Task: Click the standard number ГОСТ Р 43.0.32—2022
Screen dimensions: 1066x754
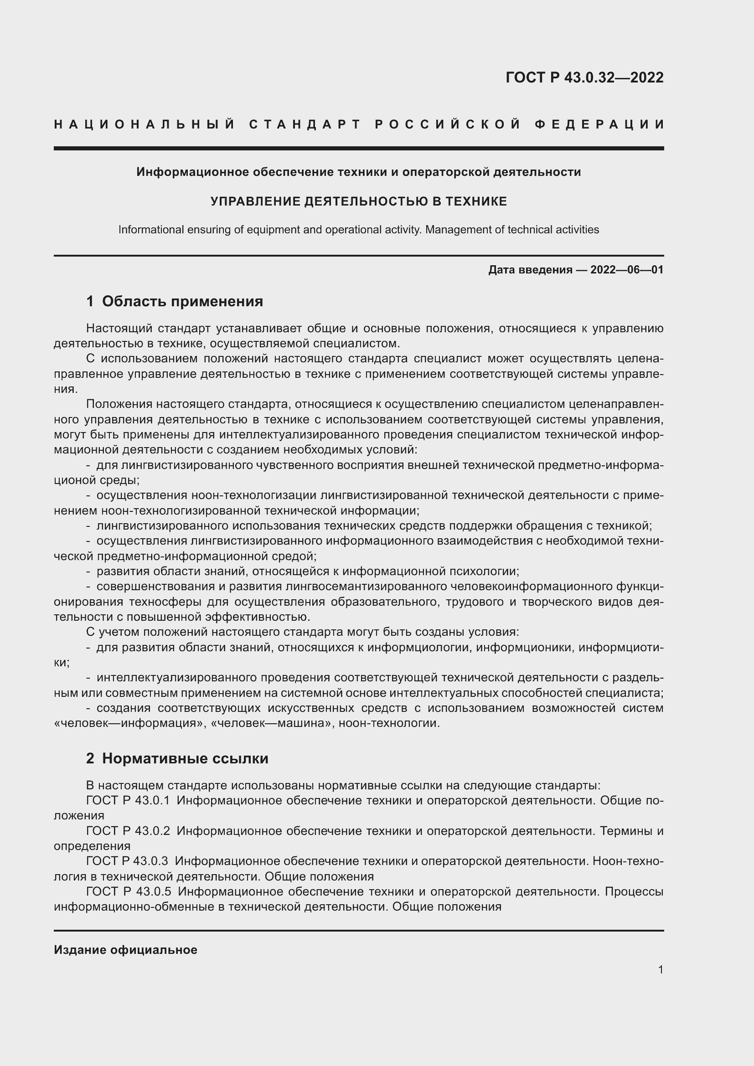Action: (x=584, y=77)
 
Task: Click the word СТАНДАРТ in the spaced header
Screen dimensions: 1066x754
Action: (x=305, y=124)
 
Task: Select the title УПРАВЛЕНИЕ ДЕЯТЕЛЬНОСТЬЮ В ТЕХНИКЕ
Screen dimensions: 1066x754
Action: (x=358, y=201)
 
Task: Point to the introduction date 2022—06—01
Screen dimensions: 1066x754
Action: (x=626, y=270)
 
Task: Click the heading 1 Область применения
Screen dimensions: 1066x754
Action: (x=175, y=301)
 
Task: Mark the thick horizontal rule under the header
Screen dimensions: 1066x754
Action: (x=358, y=149)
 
